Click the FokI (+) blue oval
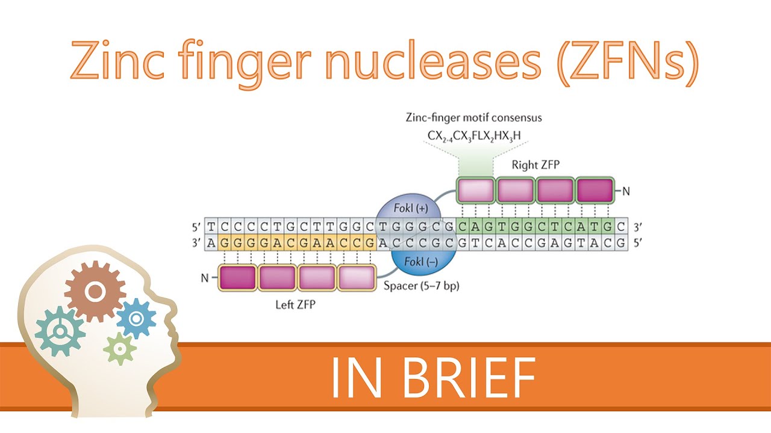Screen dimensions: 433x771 point(408,212)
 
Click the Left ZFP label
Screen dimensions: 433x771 point(296,304)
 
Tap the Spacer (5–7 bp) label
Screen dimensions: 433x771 point(422,286)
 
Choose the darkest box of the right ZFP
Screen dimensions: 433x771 point(595,190)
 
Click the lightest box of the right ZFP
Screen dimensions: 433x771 point(475,190)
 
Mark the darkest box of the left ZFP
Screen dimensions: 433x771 point(237,278)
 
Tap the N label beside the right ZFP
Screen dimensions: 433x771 point(626,192)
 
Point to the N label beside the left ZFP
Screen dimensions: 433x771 point(204,278)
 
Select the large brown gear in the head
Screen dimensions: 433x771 point(95,292)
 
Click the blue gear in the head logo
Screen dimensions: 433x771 point(136,318)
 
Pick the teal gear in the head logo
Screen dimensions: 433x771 point(60,331)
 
